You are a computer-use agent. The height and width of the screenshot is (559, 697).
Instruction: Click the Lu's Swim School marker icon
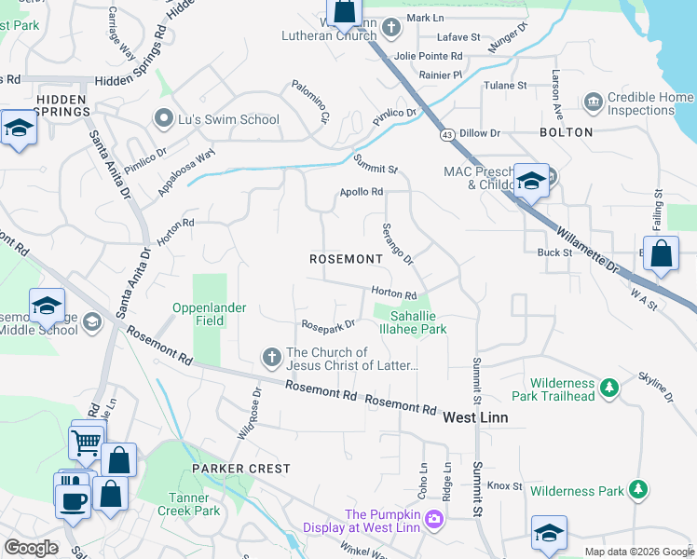pos(164,118)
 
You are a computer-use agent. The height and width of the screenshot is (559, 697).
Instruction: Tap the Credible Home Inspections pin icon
pos(593,101)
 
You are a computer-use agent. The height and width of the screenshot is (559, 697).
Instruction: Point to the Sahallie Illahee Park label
pos(413,322)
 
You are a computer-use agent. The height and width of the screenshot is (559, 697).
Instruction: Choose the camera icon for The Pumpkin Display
pos(432,518)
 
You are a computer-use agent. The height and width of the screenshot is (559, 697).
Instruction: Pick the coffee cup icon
pos(74,500)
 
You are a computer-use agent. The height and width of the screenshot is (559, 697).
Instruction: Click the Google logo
pos(31,548)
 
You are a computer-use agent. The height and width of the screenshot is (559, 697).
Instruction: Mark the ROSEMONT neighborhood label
pos(346,258)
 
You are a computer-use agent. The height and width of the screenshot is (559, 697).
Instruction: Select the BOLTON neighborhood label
pos(566,132)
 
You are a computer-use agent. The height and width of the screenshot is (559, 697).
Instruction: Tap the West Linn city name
pos(475,417)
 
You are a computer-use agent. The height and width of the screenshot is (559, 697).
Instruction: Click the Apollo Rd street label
pos(361,192)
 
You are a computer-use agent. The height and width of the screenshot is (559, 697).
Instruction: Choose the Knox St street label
pos(504,485)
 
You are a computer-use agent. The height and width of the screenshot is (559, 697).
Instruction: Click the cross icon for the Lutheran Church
pos(392,27)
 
